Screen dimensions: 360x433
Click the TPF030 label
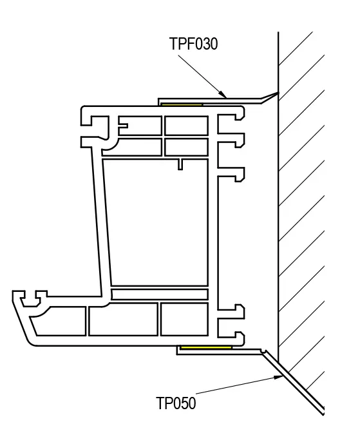(194, 44)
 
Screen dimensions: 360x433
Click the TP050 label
(176, 403)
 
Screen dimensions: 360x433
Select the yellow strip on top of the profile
(182, 104)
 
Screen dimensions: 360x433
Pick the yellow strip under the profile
(206, 347)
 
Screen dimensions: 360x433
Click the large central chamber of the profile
(156, 222)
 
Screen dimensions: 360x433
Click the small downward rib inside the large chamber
(180, 164)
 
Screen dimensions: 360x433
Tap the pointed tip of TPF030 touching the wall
(278, 93)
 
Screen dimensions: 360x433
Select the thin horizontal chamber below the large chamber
(160, 294)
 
